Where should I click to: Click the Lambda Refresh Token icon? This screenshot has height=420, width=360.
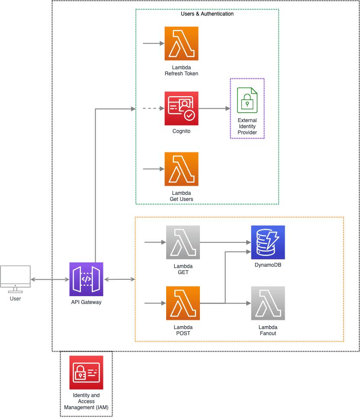tap(181, 43)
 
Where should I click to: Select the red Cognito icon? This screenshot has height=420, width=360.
tap(181, 108)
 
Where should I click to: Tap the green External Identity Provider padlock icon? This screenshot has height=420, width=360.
tap(247, 100)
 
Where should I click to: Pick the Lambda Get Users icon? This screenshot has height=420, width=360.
tap(181, 169)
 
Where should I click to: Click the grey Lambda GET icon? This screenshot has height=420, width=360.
tap(183, 242)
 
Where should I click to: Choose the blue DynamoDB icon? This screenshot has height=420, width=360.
tap(268, 242)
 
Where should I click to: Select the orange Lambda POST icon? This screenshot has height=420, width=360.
tap(183, 303)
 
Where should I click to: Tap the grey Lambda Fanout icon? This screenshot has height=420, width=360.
tap(268, 303)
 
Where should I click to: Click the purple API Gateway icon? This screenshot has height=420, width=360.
tap(86, 279)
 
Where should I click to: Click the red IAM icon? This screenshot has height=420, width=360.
tap(86, 373)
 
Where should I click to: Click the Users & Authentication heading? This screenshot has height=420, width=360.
tap(207, 14)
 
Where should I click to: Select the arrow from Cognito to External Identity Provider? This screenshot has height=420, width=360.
tap(214, 108)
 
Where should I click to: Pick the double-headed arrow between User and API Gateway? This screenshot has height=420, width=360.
tap(50, 280)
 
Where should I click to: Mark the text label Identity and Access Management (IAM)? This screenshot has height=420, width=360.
tap(86, 401)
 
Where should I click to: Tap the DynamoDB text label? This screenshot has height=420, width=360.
tap(268, 265)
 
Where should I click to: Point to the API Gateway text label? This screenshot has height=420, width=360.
tap(86, 302)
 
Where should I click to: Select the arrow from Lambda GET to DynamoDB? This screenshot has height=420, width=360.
tap(225, 242)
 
